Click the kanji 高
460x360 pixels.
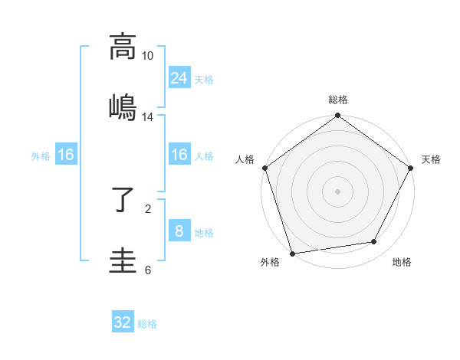tap(123, 47)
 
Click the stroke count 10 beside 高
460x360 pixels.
tap(147, 56)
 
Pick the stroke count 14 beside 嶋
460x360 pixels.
tap(147, 117)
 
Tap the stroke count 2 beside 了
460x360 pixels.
tap(148, 208)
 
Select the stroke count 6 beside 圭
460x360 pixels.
tap(148, 270)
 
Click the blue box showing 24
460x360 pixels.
tap(179, 77)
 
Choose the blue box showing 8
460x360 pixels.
tap(179, 231)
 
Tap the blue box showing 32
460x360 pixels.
tap(123, 322)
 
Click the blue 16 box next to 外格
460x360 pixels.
tap(66, 155)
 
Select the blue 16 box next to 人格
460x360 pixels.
tap(179, 155)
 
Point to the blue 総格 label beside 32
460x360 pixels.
tap(147, 324)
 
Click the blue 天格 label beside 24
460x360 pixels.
tap(204, 79)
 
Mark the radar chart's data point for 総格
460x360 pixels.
tap(337, 116)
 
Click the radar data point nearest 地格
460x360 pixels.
tap(374, 242)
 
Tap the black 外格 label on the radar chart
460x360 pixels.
tap(270, 263)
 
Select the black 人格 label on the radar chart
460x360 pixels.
tap(245, 159)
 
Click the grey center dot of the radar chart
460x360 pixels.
tap(337, 191)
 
